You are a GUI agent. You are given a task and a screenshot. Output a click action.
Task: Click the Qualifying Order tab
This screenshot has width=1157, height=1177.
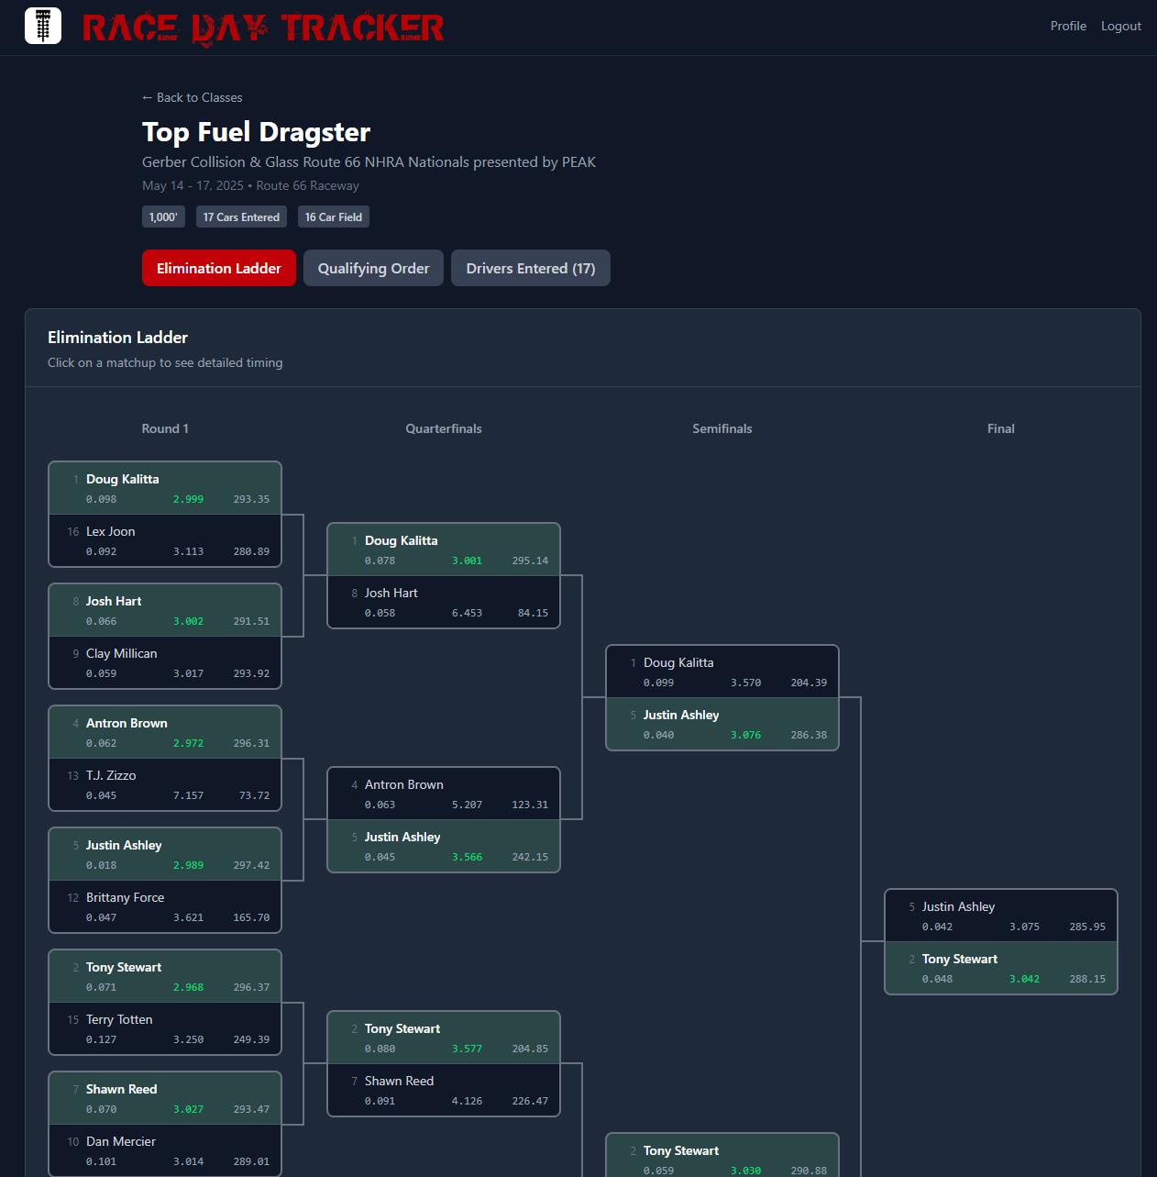coord(373,268)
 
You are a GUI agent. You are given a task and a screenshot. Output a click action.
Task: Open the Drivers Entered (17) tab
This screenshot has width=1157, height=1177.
coord(530,268)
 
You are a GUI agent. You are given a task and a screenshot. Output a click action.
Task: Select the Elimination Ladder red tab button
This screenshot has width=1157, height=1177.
coord(218,268)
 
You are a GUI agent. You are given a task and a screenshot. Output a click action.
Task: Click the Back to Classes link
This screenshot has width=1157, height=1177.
coord(193,97)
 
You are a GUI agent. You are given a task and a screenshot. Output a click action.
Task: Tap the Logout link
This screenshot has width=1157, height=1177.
coord(1120,26)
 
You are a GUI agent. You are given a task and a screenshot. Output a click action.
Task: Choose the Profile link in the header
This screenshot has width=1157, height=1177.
coord(1068,26)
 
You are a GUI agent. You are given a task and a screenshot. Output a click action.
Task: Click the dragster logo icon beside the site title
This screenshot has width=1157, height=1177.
coord(42,26)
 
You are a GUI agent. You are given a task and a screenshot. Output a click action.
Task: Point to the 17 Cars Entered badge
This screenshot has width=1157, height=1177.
coord(241,217)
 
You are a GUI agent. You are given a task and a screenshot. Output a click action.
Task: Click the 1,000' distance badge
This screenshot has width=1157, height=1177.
coord(163,217)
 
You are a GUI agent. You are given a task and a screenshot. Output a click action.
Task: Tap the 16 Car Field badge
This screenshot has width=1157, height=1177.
coord(334,217)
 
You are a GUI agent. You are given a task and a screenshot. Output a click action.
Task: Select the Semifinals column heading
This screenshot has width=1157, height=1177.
coord(722,428)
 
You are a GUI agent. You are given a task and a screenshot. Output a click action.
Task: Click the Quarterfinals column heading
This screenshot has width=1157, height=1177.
coord(444,428)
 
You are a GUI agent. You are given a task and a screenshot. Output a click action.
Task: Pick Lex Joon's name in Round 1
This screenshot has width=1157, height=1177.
coord(110,531)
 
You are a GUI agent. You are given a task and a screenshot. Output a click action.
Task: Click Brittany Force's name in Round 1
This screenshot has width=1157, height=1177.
coord(125,897)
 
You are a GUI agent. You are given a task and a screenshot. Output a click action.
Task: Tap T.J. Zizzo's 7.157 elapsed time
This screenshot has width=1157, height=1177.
coord(188,795)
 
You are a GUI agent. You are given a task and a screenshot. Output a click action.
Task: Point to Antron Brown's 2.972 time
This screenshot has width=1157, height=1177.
coord(188,743)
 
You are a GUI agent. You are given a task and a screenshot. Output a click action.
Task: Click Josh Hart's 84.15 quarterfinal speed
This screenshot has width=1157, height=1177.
coord(533,613)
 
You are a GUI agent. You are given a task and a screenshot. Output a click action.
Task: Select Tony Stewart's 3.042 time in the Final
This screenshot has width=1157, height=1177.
coord(1024,979)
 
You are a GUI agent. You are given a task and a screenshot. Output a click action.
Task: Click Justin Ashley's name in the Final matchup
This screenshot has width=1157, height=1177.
coord(958,906)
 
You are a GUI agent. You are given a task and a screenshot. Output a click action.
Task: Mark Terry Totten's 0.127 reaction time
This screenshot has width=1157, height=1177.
coord(101,1039)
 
